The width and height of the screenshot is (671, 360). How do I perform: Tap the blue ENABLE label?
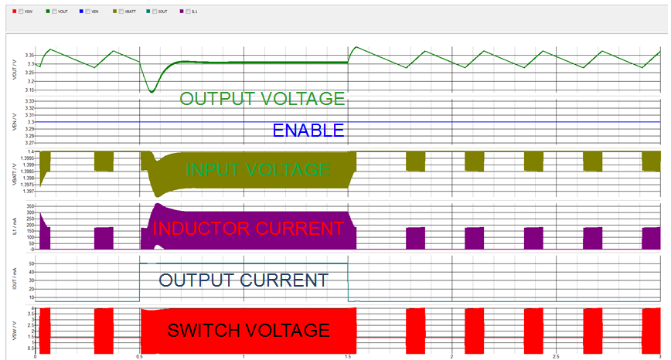pyautogui.click(x=308, y=131)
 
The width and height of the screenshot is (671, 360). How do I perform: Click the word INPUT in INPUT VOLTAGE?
pyautogui.click(x=211, y=169)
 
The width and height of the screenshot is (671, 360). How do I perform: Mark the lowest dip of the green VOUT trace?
pyautogui.click(x=152, y=92)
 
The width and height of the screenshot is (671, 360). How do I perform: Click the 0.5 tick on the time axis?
pyautogui.click(x=139, y=356)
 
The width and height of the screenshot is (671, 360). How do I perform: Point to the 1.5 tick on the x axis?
pyautogui.click(x=348, y=356)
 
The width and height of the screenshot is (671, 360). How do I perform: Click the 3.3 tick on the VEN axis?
pyautogui.click(x=29, y=122)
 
